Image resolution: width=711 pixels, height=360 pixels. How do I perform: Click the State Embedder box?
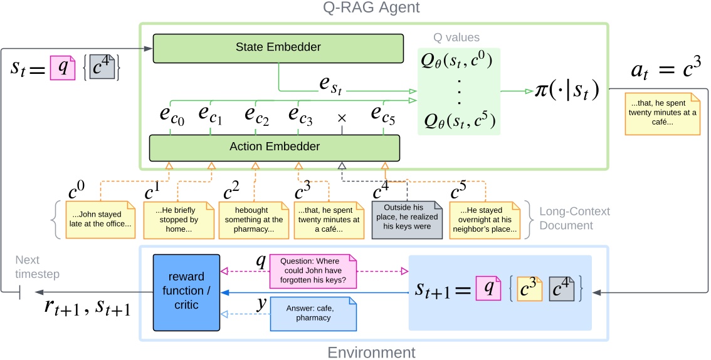coord(278,48)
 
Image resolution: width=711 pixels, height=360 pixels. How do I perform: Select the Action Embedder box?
coord(274,147)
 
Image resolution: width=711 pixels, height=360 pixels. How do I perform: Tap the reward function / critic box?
coord(187,292)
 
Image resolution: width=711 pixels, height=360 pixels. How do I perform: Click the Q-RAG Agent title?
coord(374,8)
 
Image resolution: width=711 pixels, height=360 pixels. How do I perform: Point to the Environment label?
coord(372,352)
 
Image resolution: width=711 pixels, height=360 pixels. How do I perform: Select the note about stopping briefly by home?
coord(176,219)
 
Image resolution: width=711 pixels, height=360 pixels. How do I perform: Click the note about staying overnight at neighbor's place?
coord(483,219)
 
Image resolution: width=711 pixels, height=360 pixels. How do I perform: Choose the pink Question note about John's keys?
coord(312,271)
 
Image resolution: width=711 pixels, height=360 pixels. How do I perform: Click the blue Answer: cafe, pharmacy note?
coord(313,313)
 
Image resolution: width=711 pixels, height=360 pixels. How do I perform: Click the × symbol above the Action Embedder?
coord(341,117)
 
